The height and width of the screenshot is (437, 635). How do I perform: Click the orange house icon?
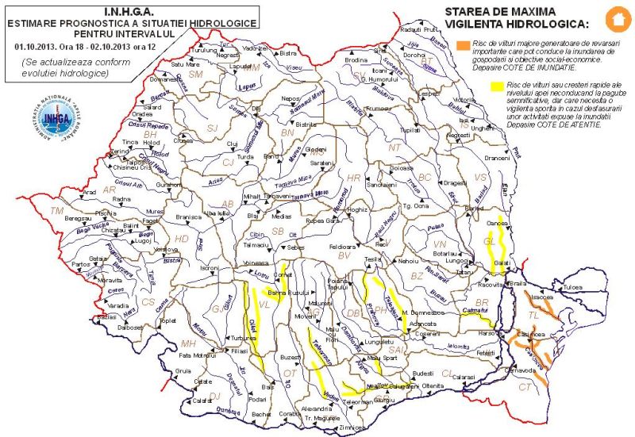pyautogui.click(x=614, y=17)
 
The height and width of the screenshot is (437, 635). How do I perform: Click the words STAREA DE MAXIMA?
pyautogui.click(x=491, y=13)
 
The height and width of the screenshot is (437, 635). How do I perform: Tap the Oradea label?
pyautogui.click(x=154, y=123)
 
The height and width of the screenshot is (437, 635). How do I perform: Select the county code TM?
pyautogui.click(x=56, y=211)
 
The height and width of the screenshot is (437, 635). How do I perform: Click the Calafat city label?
pyautogui.click(x=203, y=401)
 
